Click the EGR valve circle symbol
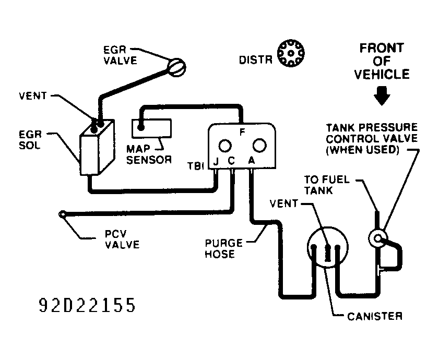coord(176,67)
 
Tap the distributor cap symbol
coord(291,53)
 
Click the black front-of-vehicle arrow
coord(382,96)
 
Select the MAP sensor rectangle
coord(151,128)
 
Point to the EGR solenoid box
coord(97,148)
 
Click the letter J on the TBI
coord(216,161)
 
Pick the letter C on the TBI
coord(231,161)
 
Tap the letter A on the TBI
coord(252,161)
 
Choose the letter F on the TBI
coord(242,132)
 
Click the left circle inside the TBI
coord(225,146)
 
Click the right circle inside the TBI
coord(259,145)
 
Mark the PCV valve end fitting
coord(63,214)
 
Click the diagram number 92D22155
coord(87,305)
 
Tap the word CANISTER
coord(375,316)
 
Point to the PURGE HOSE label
coord(224,248)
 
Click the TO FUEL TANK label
coord(327,185)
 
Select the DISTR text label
coord(256,60)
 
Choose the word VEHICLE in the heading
coord(382,75)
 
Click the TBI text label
coord(196,166)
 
